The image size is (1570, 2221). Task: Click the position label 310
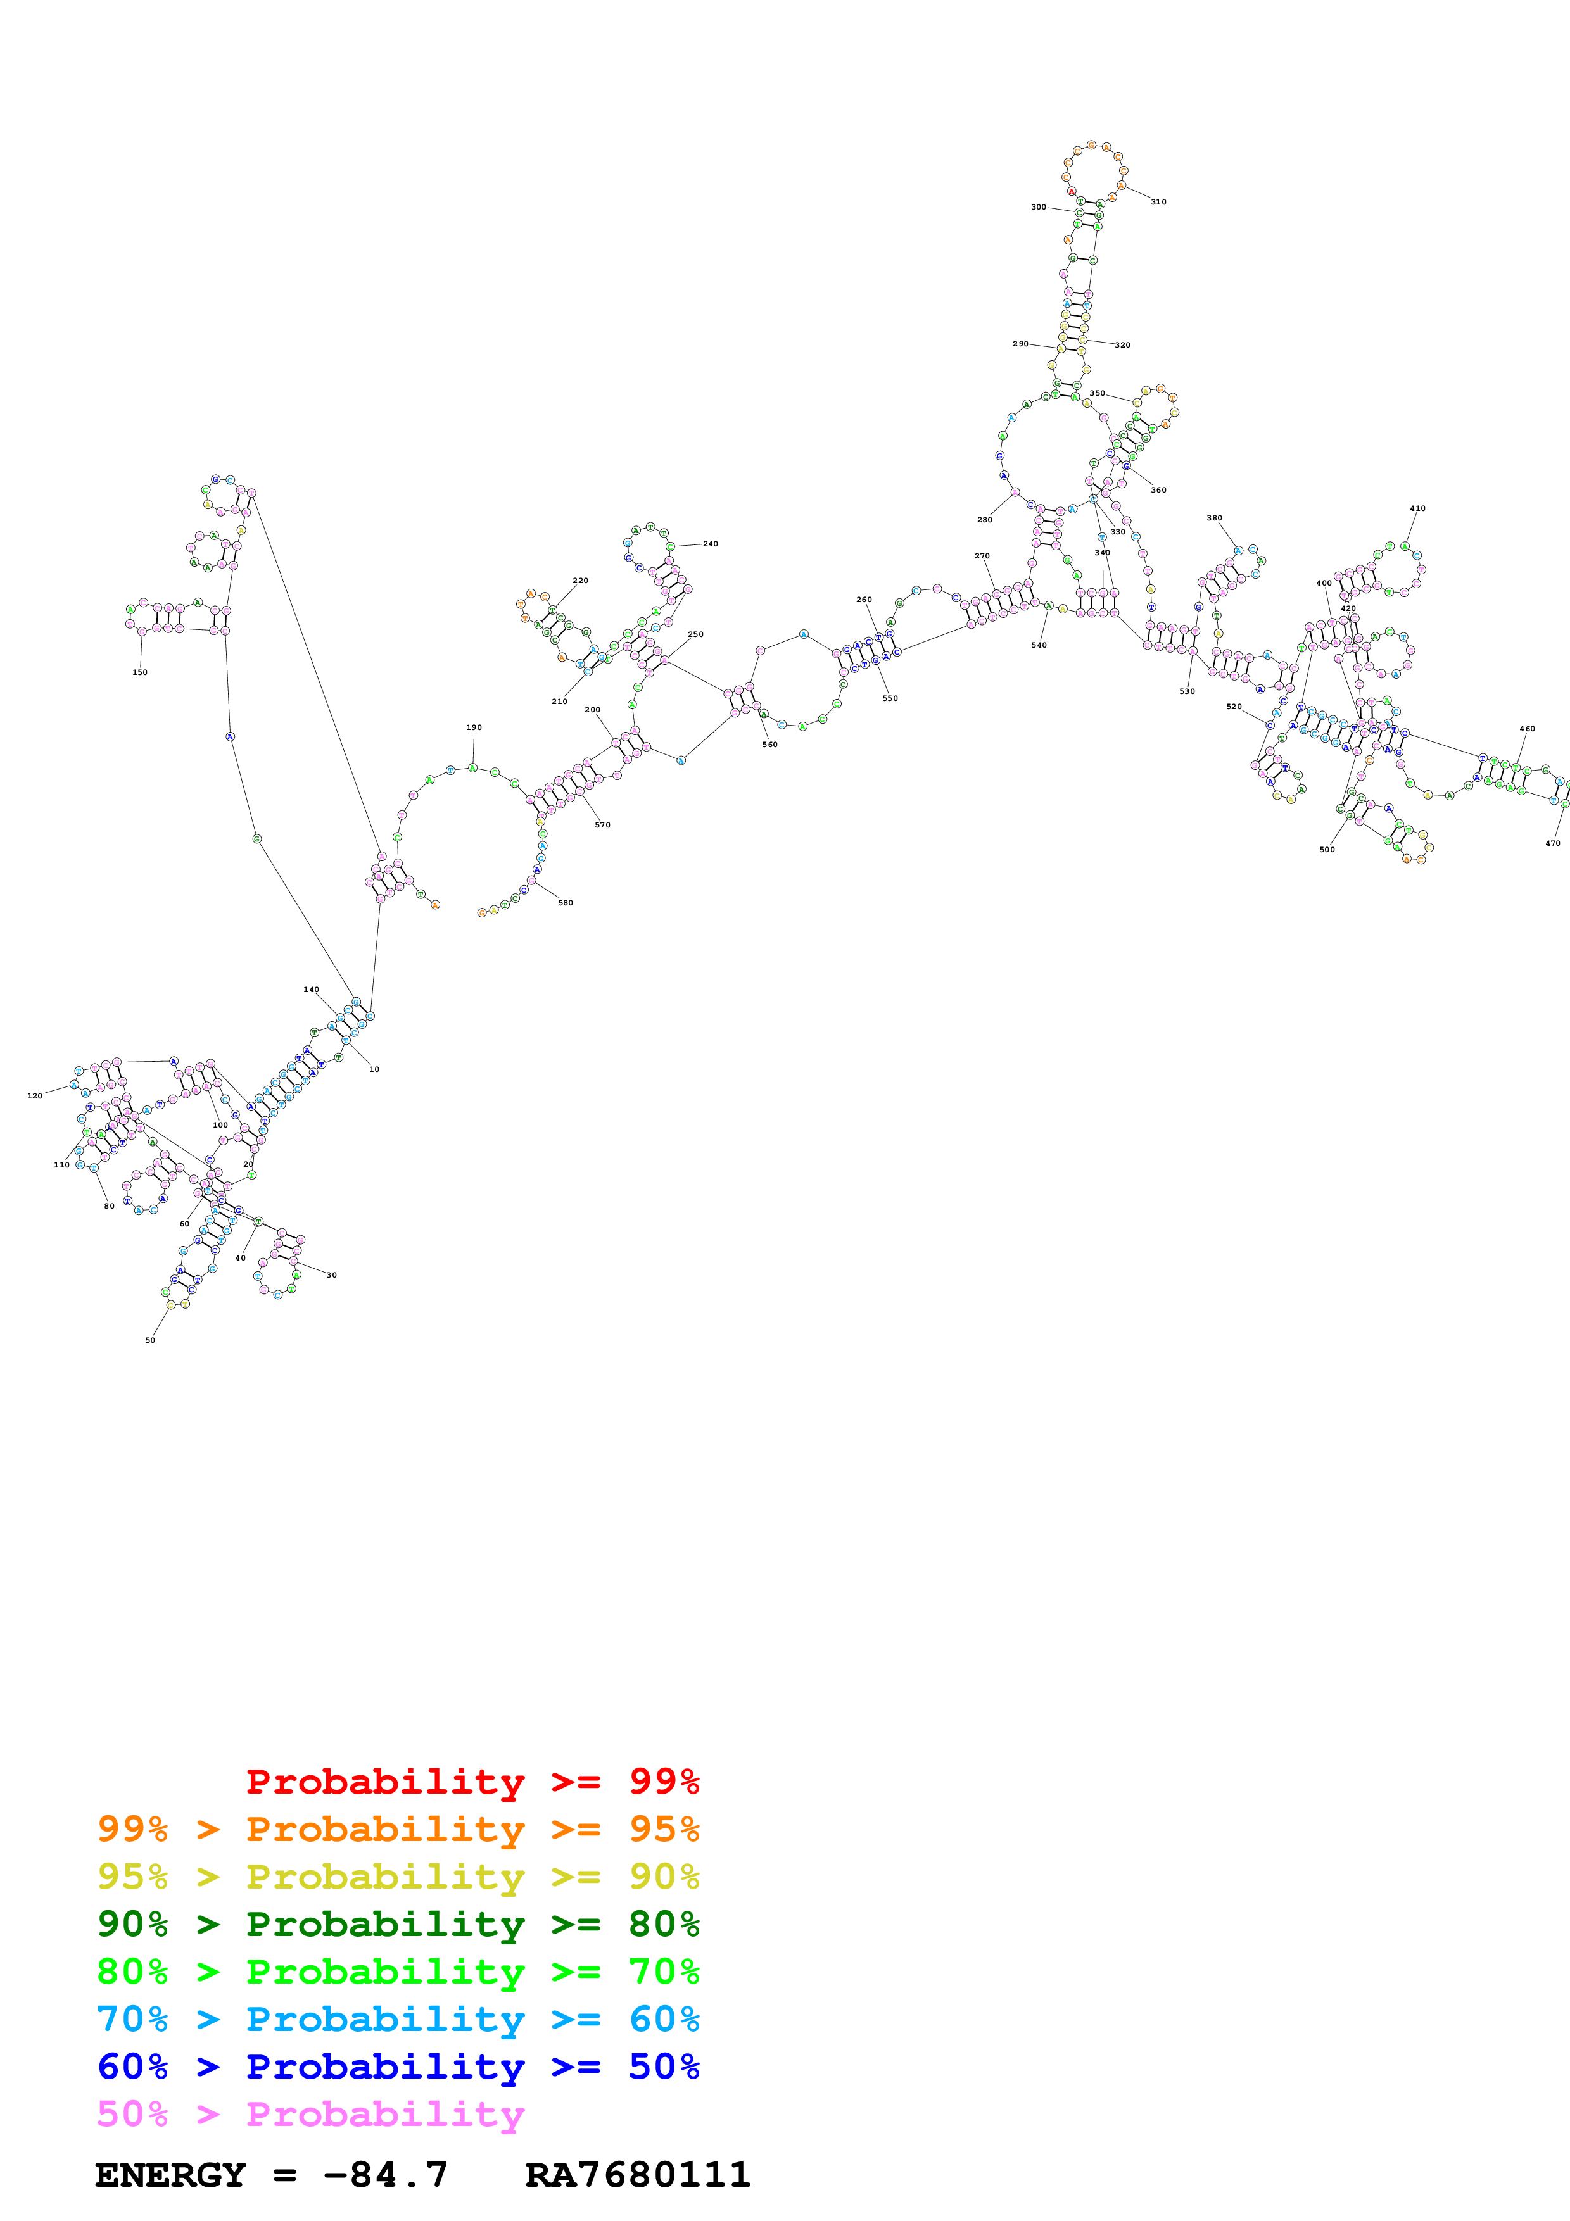coord(1158,202)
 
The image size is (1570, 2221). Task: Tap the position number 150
coord(140,672)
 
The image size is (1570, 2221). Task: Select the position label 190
coord(474,727)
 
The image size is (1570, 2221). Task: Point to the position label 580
coord(566,903)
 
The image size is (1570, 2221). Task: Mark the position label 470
coord(1553,843)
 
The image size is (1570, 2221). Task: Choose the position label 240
coord(710,544)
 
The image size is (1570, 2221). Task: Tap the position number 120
coord(35,1096)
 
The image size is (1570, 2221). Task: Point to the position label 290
coord(1020,343)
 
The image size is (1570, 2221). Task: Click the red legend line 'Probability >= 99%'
coord(472,1782)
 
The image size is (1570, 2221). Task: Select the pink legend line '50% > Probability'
coord(310,2115)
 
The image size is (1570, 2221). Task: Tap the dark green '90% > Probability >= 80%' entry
coord(398,1925)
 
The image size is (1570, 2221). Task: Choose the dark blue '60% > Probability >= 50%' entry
coord(398,2067)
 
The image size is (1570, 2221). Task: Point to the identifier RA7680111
coord(638,2175)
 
